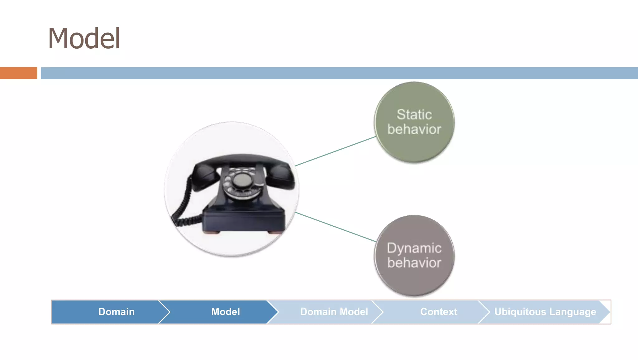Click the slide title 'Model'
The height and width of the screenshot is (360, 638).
coord(84,38)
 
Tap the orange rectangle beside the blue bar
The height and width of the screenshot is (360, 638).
coord(18,73)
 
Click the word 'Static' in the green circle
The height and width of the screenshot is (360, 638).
coord(414,114)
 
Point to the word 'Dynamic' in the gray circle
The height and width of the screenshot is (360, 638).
coord(414,248)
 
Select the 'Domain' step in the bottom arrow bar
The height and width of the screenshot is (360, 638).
coord(116,312)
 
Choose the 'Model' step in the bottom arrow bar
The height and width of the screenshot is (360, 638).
coord(225,312)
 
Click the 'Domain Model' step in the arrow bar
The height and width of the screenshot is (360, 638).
coord(334,312)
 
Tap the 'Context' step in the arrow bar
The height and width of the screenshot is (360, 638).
coord(438,312)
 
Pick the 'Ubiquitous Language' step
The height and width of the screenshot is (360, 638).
coord(545,312)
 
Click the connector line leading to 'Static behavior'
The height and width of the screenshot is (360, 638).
coord(335,151)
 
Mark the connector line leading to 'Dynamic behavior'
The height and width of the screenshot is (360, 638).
coord(335,227)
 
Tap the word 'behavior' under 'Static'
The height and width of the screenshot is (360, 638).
coord(414,129)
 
